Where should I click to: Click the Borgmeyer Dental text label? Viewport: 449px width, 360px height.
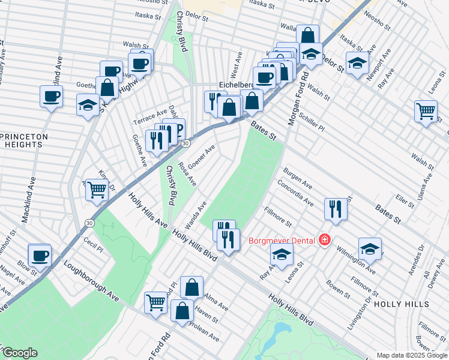(282, 241)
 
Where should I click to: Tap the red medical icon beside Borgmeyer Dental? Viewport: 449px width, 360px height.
(325, 240)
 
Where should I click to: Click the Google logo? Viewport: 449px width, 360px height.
(20, 353)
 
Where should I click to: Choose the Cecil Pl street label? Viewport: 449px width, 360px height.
(94, 244)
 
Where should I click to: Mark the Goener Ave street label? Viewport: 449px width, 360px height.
(201, 157)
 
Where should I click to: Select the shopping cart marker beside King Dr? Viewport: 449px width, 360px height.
(96, 190)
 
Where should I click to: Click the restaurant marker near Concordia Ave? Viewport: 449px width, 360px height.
(335, 208)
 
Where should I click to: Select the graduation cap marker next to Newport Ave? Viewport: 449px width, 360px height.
(357, 63)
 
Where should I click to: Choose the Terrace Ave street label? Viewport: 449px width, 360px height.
(149, 113)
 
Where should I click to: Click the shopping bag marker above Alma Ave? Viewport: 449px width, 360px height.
(191, 287)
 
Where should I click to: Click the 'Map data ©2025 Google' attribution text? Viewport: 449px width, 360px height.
(411, 355)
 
